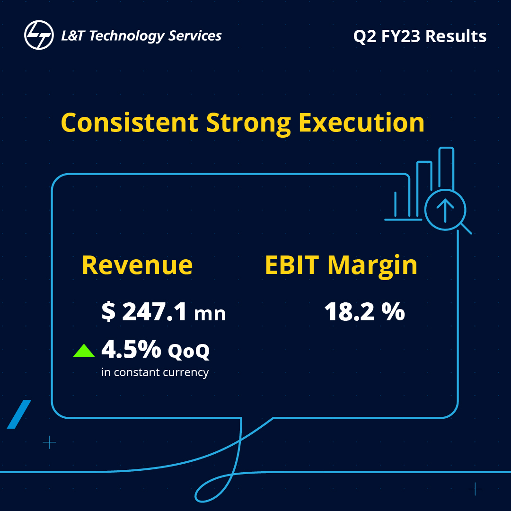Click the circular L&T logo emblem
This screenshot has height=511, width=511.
(x=39, y=36)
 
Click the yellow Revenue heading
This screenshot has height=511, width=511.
(x=137, y=265)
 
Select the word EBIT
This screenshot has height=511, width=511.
(x=292, y=265)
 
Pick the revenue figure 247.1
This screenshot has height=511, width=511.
(x=154, y=312)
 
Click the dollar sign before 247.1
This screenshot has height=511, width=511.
(x=108, y=313)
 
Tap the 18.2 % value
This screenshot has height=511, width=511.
(x=364, y=312)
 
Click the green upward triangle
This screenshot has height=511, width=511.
(x=84, y=351)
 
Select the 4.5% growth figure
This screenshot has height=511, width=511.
(x=131, y=350)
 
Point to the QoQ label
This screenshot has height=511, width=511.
(x=189, y=351)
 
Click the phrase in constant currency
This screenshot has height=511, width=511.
(x=155, y=372)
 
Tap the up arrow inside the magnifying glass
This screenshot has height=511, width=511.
(x=445, y=210)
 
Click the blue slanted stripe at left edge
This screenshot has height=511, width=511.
(x=19, y=414)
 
